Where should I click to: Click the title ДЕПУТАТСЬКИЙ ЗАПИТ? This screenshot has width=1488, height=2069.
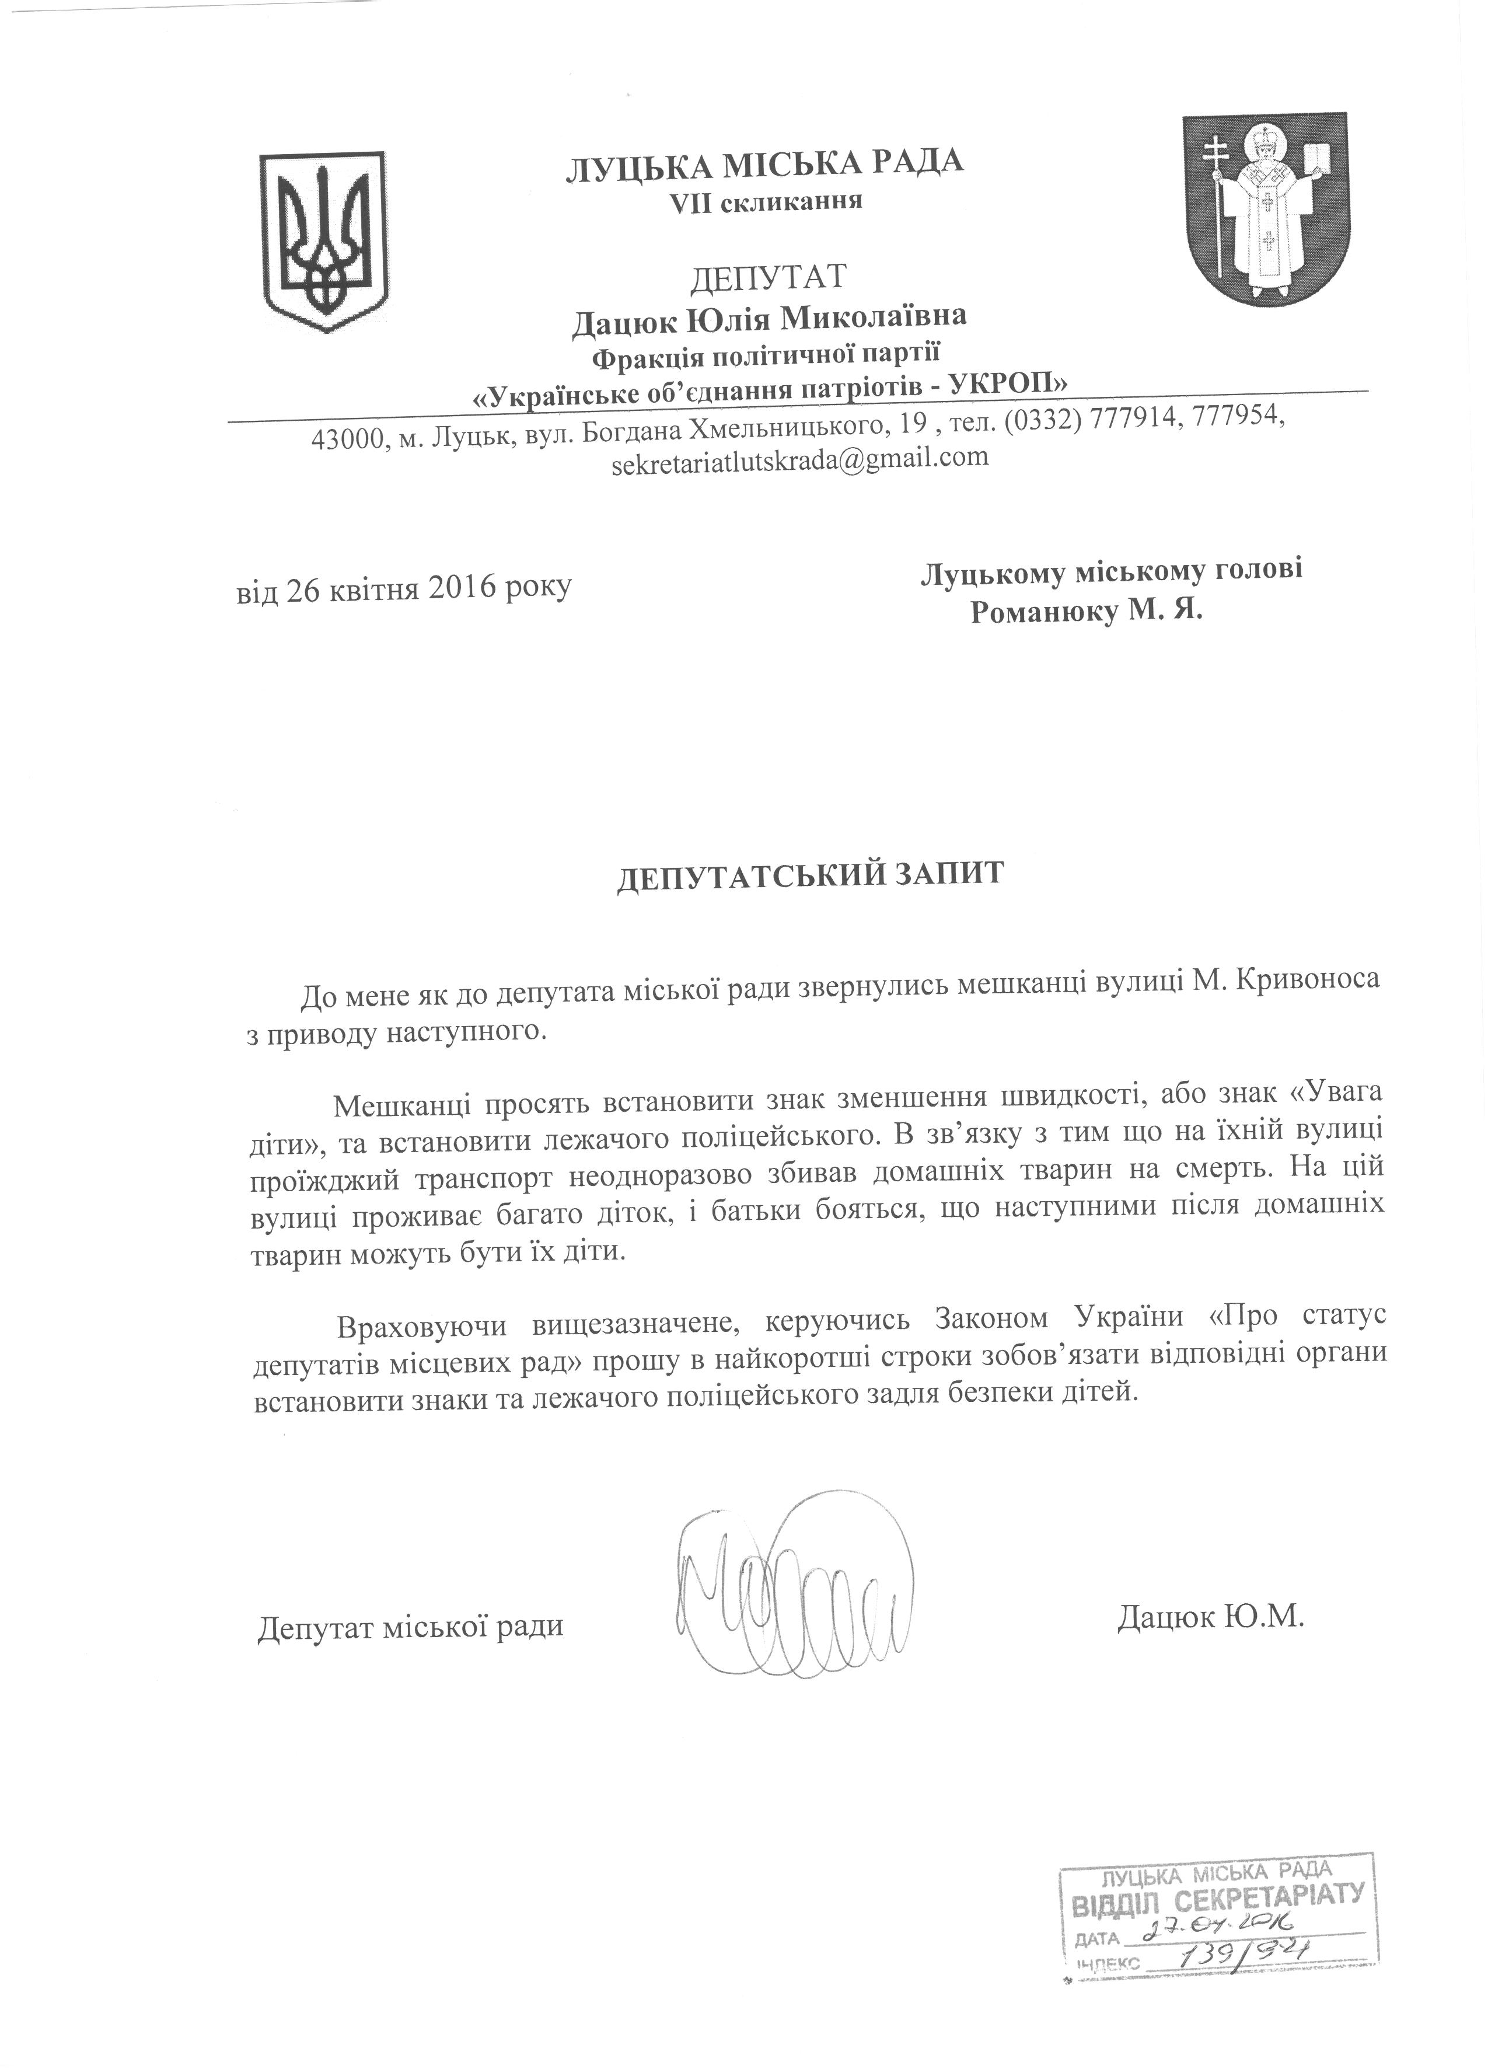(809, 874)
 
